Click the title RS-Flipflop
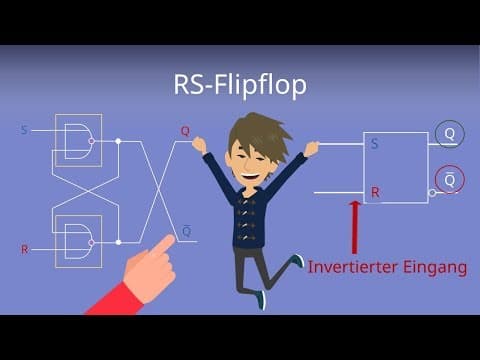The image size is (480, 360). coord(239,86)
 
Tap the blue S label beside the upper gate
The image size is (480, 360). coord(24,130)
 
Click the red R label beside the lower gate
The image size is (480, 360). coord(24,248)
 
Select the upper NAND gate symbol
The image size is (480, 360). coord(76,141)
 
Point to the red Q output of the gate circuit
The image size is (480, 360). coord(185,131)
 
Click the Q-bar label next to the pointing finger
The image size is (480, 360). coord(186,230)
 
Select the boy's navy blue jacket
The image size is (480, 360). coord(248,215)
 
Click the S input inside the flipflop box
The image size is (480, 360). coord(375,144)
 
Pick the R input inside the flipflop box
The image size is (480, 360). coord(375,191)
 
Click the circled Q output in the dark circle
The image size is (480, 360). coord(449,134)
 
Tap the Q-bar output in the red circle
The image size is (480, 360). coord(449,180)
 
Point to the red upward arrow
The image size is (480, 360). coord(353,228)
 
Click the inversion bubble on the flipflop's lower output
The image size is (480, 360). coord(431,191)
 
